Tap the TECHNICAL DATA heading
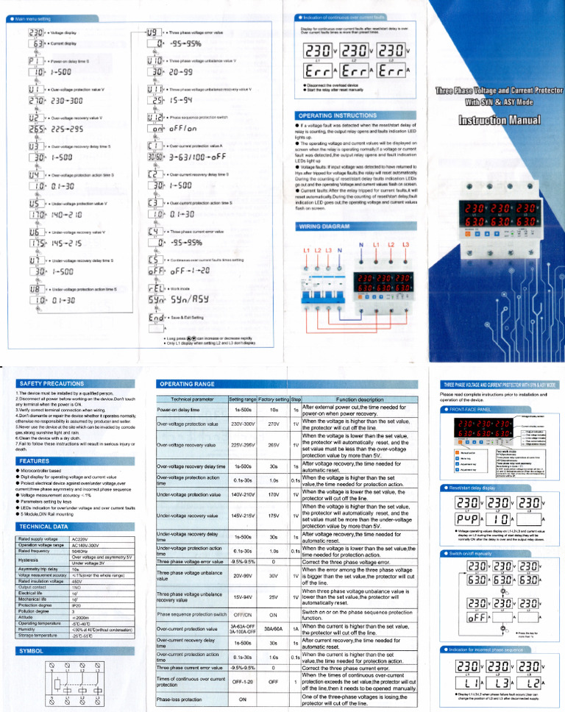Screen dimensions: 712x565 [x=45, y=506]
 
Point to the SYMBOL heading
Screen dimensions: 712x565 [x=32, y=651]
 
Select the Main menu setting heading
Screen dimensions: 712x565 [x=34, y=19]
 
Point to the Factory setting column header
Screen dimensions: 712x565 [x=273, y=398]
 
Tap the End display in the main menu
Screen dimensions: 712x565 [x=155, y=318]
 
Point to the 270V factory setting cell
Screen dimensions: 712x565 [x=273, y=424]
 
